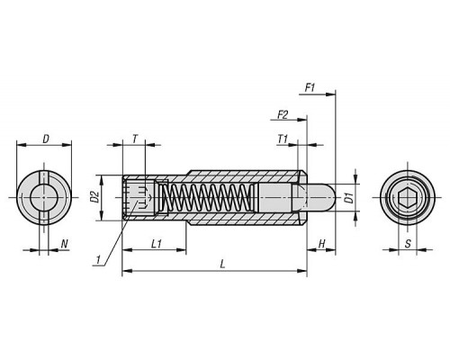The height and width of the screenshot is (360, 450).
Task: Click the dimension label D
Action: [x=46, y=139]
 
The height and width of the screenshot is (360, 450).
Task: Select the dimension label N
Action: [x=65, y=244]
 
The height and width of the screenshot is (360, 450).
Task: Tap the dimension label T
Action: [x=135, y=139]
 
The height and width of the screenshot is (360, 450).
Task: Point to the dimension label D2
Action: [x=94, y=196]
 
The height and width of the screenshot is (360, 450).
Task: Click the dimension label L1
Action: [x=157, y=244]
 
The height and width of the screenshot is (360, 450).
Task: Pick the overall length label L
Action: [x=222, y=265]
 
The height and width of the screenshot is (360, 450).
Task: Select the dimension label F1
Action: [x=310, y=88]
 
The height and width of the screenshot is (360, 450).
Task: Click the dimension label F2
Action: [x=283, y=114]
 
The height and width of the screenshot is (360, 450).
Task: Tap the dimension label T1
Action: [x=283, y=139]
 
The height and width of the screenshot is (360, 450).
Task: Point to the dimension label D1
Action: [x=349, y=198]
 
